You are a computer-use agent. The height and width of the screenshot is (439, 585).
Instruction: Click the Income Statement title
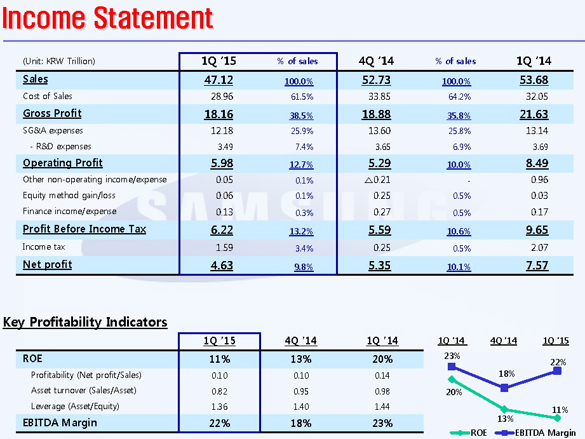point(107,18)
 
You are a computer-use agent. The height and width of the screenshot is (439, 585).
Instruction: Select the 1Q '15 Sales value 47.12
point(219,80)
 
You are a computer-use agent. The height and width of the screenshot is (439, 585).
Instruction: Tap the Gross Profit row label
point(52,114)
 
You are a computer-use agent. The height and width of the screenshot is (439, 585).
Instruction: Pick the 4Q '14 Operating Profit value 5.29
point(379,163)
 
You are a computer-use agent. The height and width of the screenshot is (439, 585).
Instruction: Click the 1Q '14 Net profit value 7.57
point(537,265)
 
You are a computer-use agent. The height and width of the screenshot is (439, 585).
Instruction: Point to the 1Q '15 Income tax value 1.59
point(222,247)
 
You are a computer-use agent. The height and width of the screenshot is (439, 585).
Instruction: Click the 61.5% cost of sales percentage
point(301,97)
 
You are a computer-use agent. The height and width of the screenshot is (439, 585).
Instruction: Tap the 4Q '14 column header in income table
point(376,61)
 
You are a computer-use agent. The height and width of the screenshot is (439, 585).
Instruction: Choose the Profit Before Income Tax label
point(84,229)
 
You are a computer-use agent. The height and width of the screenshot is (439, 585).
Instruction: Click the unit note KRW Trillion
point(58,62)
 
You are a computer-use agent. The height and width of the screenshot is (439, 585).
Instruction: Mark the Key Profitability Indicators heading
point(85,322)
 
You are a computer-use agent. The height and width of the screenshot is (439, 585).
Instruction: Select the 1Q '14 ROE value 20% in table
point(383,359)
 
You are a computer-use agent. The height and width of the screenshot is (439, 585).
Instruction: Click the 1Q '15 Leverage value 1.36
point(219,407)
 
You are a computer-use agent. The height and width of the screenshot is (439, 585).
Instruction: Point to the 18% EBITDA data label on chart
point(507,374)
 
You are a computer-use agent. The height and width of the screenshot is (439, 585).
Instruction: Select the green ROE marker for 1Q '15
point(557,418)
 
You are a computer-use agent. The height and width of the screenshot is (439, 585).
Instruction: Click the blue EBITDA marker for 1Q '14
point(452,367)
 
